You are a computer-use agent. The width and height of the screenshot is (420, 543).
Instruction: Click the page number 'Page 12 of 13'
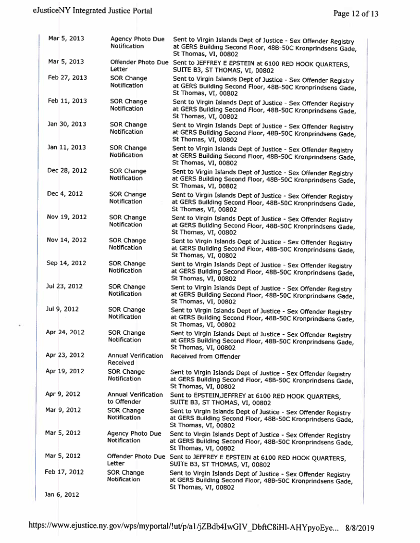pos(356,14)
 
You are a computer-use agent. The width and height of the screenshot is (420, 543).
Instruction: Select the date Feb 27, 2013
pos(67,78)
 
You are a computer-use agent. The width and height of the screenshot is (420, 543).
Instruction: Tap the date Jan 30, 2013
pos(67,124)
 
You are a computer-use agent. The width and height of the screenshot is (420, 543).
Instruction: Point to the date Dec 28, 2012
pos(67,171)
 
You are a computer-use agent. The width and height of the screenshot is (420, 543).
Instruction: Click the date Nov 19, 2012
pos(67,217)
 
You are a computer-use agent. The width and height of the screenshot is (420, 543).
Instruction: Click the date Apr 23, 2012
pos(65,355)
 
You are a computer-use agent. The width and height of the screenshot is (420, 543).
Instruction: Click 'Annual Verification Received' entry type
pos(135,358)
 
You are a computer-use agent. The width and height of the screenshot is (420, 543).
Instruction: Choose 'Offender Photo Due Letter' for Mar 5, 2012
pos(135,459)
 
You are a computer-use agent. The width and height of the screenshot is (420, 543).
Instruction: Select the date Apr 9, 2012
pos(63,394)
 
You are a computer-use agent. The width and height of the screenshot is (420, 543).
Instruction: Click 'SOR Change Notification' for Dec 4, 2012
pos(128,197)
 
